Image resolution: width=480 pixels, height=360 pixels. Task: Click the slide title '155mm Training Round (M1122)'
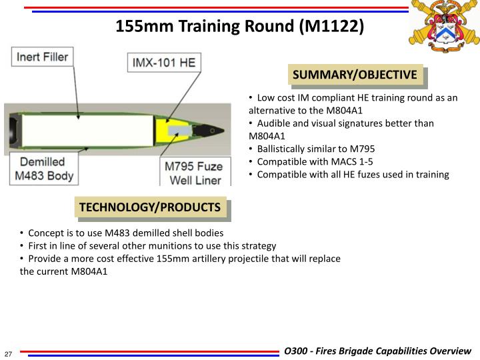tap(240, 27)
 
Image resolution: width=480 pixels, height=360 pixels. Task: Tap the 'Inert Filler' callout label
tap(41, 57)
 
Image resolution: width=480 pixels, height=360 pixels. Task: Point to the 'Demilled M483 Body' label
tap(42, 169)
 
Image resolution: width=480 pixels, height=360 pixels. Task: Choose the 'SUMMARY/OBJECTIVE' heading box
tap(355, 75)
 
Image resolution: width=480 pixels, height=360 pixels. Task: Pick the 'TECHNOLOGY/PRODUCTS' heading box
tap(150, 207)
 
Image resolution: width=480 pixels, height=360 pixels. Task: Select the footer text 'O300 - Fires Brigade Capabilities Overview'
tap(377, 351)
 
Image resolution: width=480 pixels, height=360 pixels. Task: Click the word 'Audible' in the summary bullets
tap(274, 123)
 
